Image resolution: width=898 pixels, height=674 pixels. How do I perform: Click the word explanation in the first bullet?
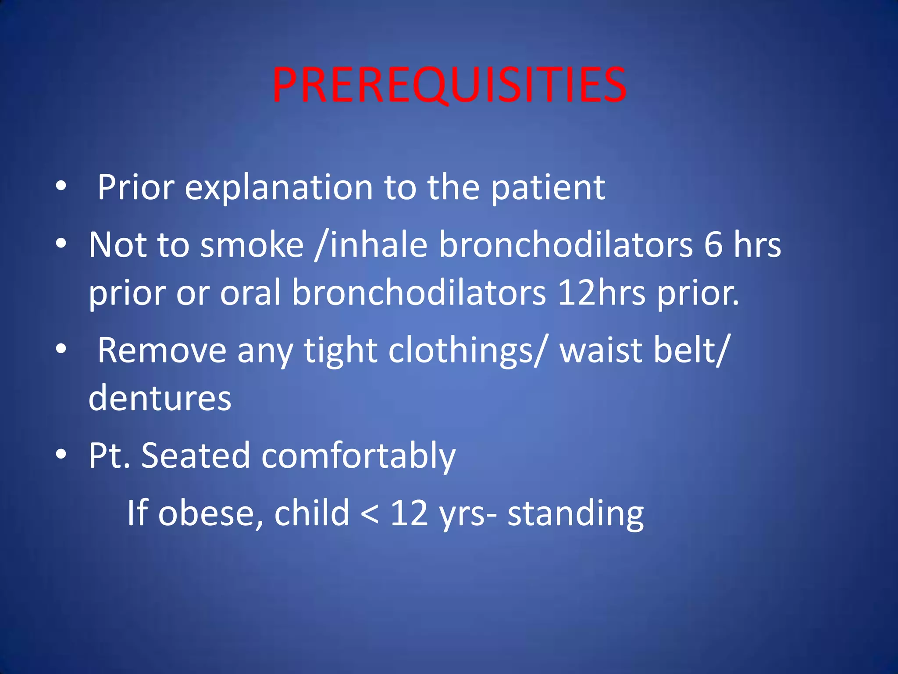coord(278,188)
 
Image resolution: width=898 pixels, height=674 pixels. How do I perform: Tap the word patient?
coord(548,188)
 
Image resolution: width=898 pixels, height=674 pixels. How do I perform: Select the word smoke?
coord(252,245)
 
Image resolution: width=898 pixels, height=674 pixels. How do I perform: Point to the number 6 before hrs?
coord(713,245)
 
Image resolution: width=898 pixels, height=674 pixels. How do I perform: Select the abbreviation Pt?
coord(109,455)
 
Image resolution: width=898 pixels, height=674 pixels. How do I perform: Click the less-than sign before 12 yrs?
coord(370,514)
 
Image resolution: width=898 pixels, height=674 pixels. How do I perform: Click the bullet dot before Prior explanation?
coord(61,186)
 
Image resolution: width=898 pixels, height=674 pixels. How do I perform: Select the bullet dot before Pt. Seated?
coord(61,454)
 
